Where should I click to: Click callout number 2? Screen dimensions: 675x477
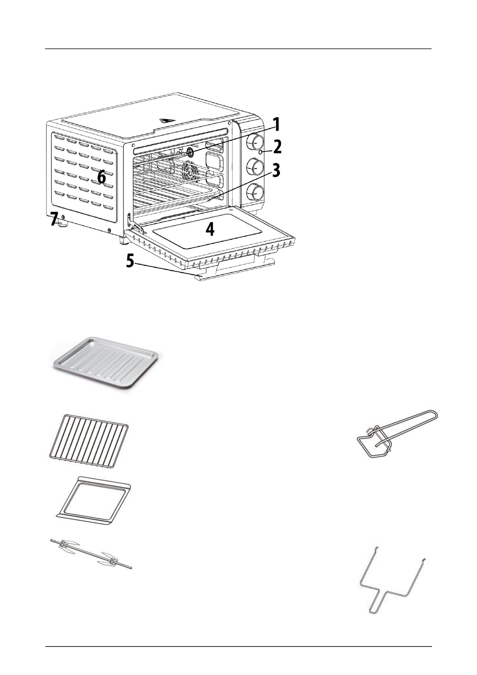276,148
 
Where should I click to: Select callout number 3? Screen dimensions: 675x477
275,171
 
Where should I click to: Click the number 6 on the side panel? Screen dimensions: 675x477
101,177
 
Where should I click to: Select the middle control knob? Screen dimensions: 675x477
255,166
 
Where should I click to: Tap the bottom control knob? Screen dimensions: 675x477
255,192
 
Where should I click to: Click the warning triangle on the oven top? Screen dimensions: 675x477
164,120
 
